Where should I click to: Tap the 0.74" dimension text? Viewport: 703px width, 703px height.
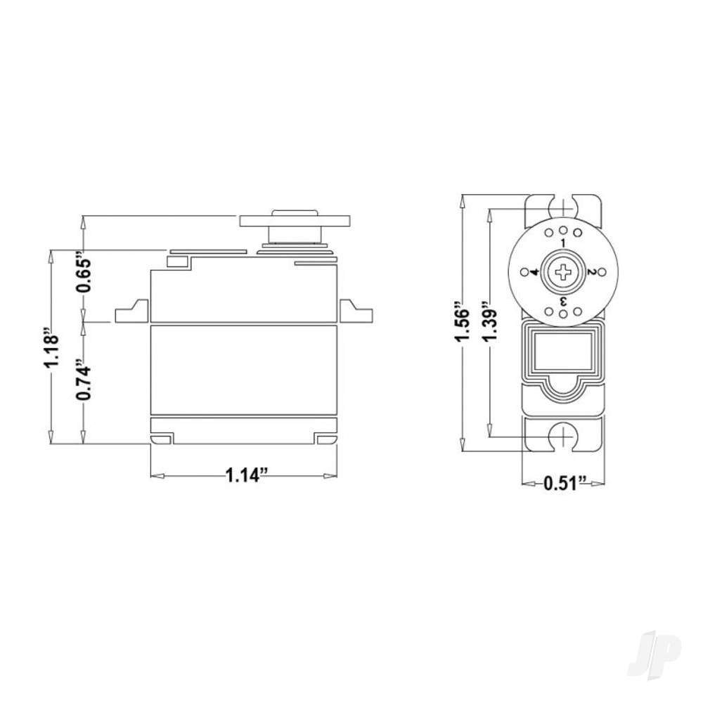coord(84,382)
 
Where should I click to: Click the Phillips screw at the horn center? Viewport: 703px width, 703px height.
coord(563,271)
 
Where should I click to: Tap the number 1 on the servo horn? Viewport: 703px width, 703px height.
coord(563,243)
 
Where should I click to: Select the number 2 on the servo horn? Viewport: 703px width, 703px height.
coord(592,272)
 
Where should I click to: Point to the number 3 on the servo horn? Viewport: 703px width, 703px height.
coord(563,302)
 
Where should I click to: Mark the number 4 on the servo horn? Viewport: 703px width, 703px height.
coord(534,272)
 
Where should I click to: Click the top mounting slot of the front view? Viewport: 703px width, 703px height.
coord(563,205)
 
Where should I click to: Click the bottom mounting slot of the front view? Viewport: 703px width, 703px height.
coord(563,437)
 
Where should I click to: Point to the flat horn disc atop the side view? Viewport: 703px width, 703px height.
coord(295,220)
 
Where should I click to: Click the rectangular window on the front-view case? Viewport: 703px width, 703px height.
coord(563,352)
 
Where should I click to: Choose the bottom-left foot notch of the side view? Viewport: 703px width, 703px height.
coord(162,439)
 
